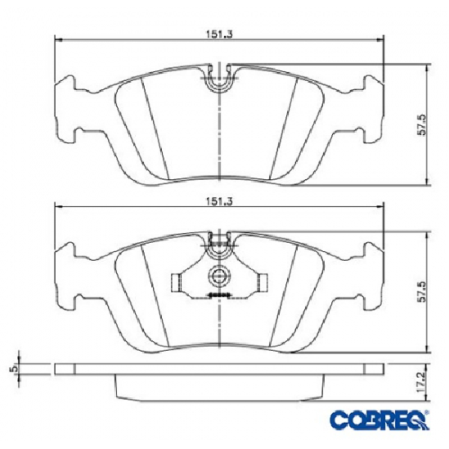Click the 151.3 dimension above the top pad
(x=219, y=34)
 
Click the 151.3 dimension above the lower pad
(x=219, y=201)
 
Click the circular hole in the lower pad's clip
(x=219, y=275)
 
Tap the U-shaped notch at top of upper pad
(x=219, y=79)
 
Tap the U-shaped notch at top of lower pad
(x=219, y=246)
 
